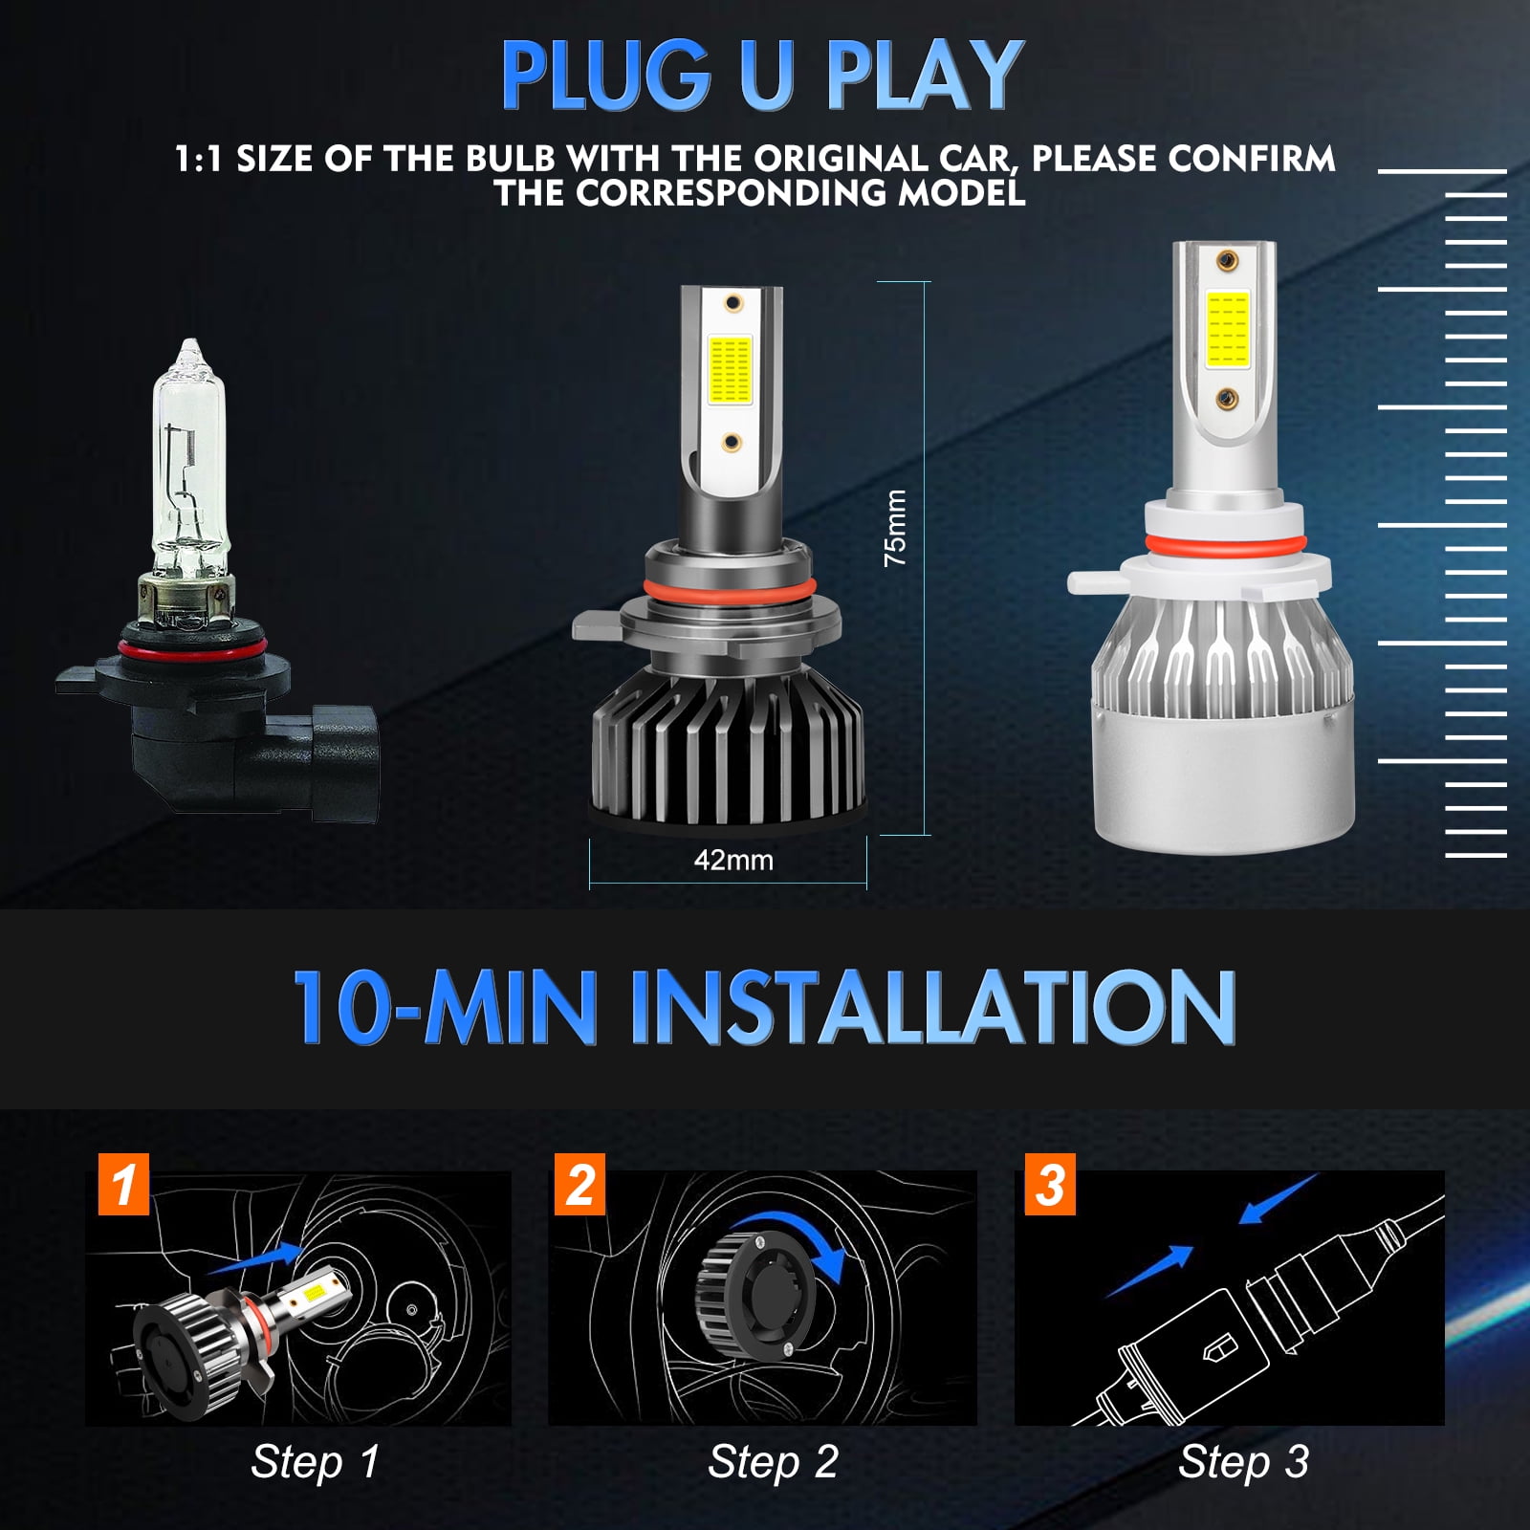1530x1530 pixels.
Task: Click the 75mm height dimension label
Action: click(895, 528)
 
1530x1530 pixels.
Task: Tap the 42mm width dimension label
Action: click(733, 860)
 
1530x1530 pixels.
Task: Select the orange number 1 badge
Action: click(123, 1185)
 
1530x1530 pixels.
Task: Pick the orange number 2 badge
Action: click(579, 1185)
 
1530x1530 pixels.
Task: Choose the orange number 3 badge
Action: click(1049, 1185)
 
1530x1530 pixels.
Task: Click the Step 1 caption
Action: click(315, 1461)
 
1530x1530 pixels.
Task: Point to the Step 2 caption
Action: click(773, 1461)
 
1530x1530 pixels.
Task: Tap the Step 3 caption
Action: click(1243, 1461)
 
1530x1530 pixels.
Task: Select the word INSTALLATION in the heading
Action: click(932, 1006)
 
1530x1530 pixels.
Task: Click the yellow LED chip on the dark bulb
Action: click(730, 369)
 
